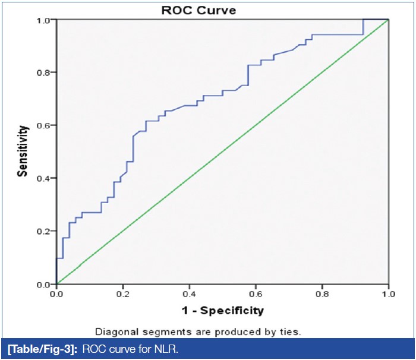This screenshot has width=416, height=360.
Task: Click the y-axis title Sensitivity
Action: [23, 151]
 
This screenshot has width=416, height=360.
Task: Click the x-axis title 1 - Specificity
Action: [222, 310]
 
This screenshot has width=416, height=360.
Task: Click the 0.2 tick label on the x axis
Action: [122, 293]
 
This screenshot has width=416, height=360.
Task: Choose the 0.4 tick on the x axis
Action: [189, 293]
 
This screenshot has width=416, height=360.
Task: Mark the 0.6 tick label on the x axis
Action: [256, 293]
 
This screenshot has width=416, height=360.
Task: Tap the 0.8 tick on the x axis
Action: [322, 293]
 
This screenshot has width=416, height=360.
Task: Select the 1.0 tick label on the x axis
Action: [388, 293]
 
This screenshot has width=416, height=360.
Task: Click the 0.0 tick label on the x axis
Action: [56, 293]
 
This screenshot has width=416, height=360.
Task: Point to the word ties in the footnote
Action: [290, 332]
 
